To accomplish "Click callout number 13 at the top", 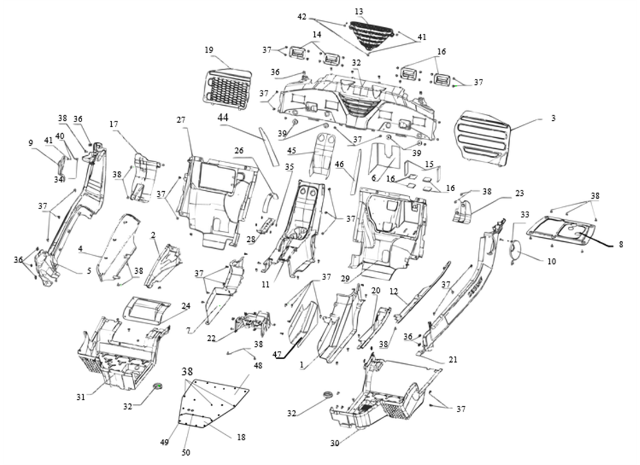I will click(x=358, y=12).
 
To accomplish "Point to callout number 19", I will click(x=209, y=50).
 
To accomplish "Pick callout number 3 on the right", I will click(x=553, y=119).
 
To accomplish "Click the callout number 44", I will click(x=223, y=117).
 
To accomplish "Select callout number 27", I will click(x=180, y=120).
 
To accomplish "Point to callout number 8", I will click(x=621, y=245).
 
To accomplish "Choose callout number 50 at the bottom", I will click(x=186, y=452).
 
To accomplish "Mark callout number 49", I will click(x=164, y=442).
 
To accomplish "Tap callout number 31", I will click(x=80, y=397).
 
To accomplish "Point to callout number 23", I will click(x=520, y=193).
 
